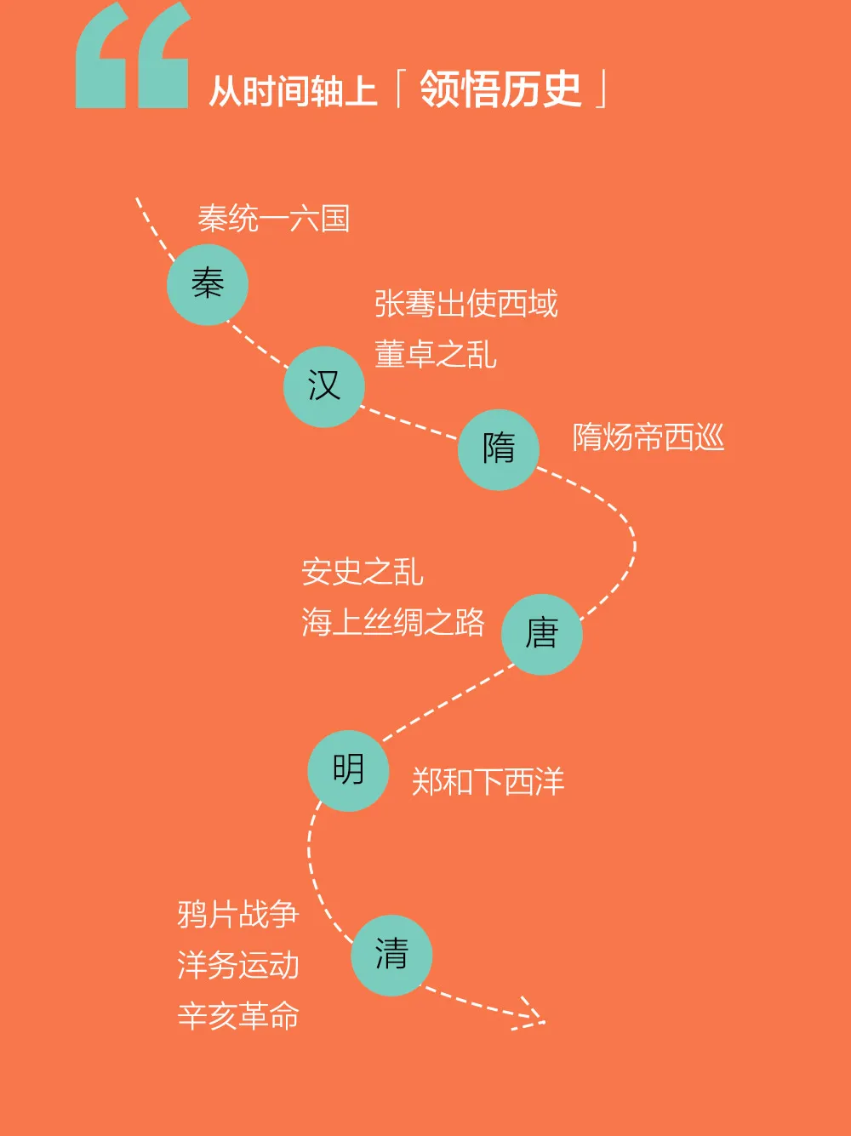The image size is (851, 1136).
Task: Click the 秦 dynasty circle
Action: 208,285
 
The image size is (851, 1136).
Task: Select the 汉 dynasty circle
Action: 324,386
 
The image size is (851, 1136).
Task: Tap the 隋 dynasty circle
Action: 498,450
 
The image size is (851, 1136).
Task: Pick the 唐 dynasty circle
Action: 541,634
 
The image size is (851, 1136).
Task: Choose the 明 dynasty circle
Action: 348,771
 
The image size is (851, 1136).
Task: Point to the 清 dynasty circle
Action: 391,956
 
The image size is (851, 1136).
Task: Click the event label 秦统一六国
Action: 274,219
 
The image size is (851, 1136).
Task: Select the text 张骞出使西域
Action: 466,303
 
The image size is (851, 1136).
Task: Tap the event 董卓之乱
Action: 436,354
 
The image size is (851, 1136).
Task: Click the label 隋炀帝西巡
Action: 648,437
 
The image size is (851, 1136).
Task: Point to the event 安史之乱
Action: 363,571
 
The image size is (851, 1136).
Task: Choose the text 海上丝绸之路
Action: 393,621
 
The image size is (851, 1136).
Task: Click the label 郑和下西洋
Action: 488,781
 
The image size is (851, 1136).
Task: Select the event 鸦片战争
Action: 238,915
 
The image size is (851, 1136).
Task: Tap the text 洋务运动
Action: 238,965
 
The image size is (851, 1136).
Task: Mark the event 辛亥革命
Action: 238,1015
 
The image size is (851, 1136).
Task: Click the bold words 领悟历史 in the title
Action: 500,89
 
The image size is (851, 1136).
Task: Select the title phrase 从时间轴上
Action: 293,92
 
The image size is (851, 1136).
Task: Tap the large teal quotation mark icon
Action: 133,54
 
